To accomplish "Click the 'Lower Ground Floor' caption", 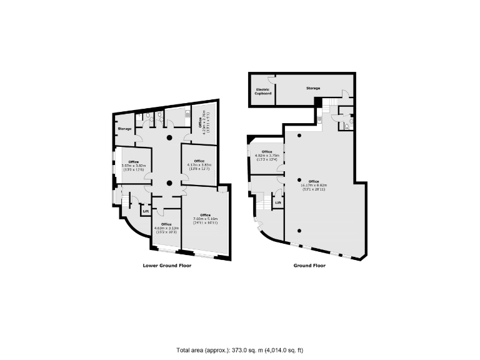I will (167, 266).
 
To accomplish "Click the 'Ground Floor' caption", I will (310, 266).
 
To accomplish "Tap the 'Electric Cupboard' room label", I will (262, 92).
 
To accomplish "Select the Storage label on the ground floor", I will (313, 89).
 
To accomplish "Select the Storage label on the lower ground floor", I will (124, 129).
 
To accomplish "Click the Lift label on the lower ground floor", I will (146, 211).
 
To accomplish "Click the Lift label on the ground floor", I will (278, 202).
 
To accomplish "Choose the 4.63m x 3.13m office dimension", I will (166, 228).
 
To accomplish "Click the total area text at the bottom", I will (240, 350).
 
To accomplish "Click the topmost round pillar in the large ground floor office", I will (299, 136).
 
